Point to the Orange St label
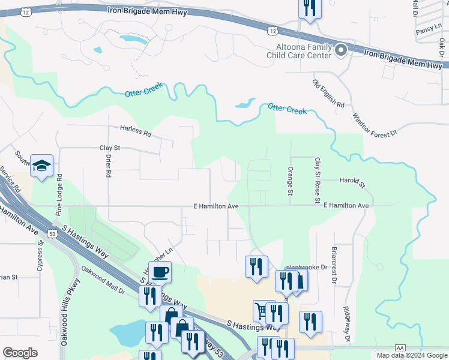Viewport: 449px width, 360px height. (x=290, y=181)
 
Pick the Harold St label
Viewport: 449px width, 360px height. (x=352, y=181)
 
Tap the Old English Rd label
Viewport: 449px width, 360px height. (x=328, y=93)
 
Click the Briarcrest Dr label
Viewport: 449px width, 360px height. (x=333, y=263)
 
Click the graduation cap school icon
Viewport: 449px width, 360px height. (x=41, y=166)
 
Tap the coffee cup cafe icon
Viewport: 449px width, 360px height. (x=160, y=272)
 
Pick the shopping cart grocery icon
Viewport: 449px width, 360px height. (x=261, y=311)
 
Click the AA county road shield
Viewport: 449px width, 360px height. (x=400, y=347)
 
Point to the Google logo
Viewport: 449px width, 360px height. (x=20, y=353)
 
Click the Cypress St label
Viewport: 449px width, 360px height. (x=40, y=257)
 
